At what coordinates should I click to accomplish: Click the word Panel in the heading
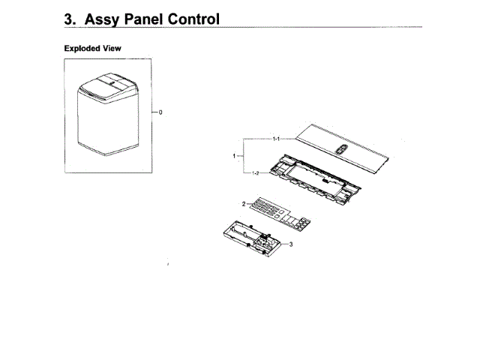click(153, 19)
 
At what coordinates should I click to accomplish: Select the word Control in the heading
click(197, 19)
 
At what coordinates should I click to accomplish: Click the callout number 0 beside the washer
click(161, 112)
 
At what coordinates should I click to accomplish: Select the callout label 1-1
click(276, 139)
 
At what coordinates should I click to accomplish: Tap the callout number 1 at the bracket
click(235, 156)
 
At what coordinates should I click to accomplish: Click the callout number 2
click(243, 203)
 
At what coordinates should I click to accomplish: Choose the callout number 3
click(290, 244)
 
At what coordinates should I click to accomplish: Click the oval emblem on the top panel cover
click(341, 148)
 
